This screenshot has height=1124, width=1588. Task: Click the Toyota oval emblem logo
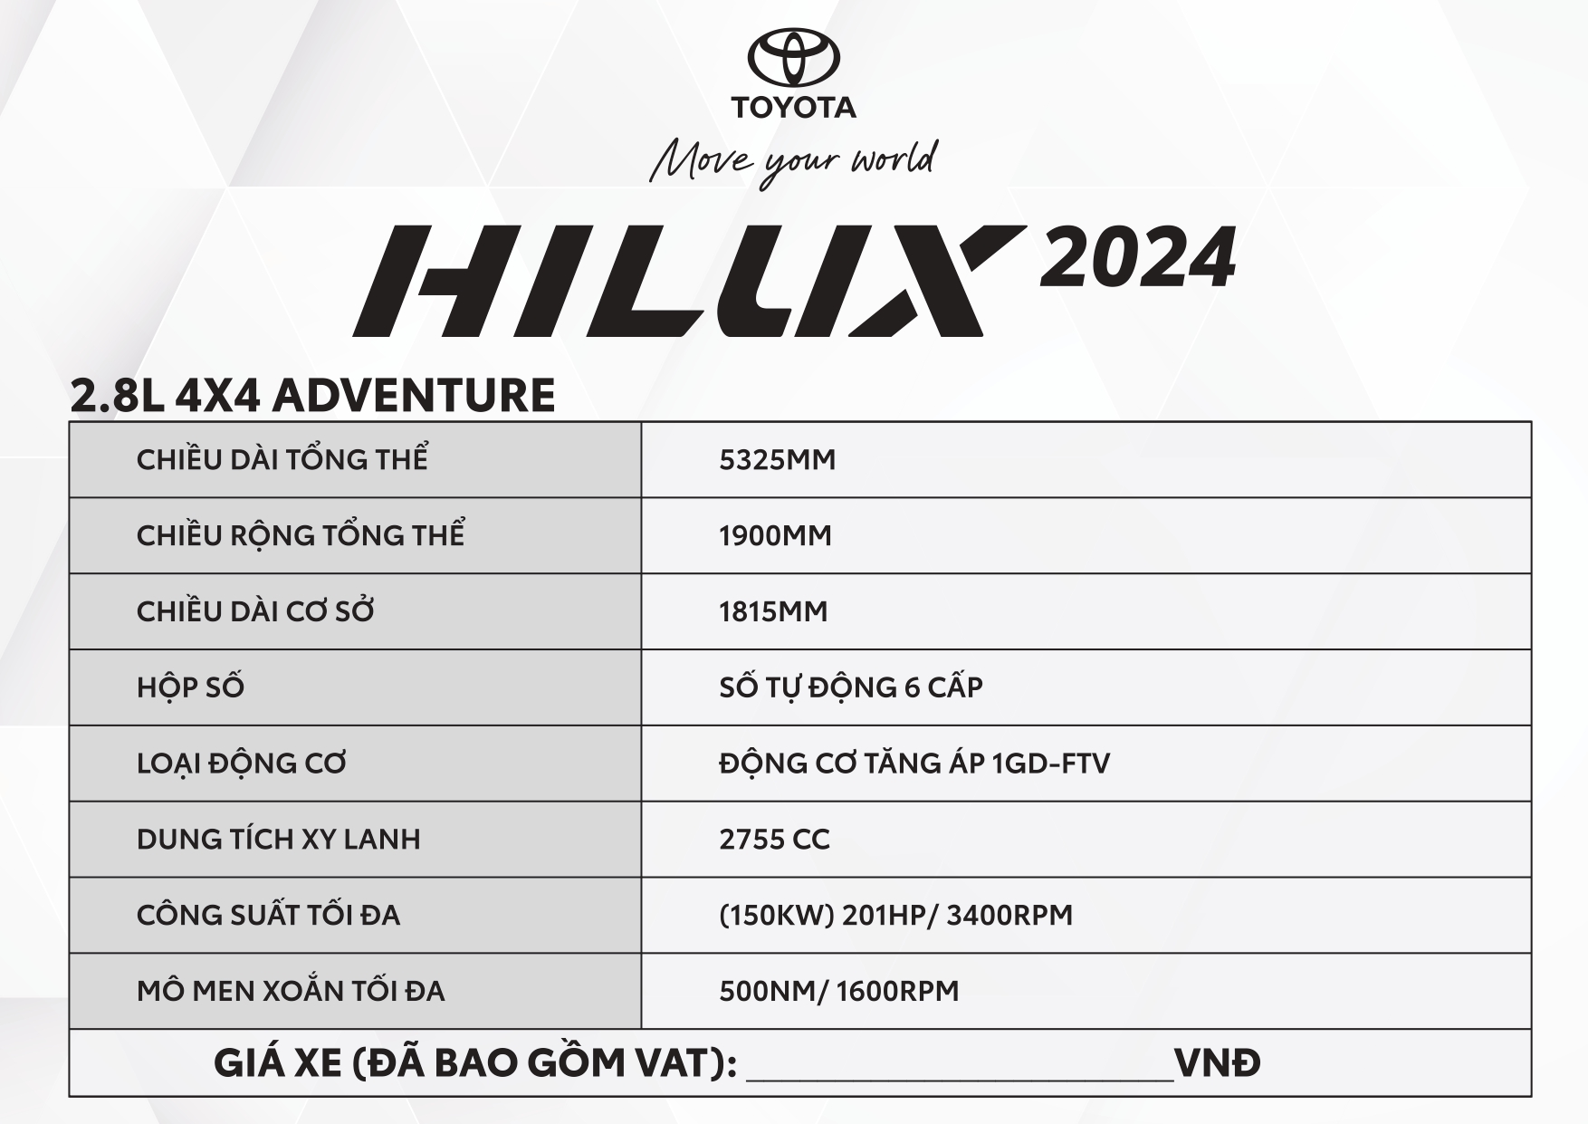tap(793, 58)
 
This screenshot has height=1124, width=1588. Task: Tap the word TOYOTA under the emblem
tap(793, 107)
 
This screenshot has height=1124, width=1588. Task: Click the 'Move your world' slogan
tap(794, 162)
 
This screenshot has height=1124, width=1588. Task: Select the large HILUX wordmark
tap(690, 281)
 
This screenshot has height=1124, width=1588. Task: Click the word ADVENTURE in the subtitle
tap(414, 395)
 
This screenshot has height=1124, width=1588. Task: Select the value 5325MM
tap(778, 460)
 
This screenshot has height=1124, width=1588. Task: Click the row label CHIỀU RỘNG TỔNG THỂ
tap(301, 533)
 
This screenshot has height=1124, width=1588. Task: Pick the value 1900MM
tap(776, 536)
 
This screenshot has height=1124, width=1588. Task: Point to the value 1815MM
tap(774, 612)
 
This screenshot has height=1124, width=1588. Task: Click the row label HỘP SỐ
tap(190, 686)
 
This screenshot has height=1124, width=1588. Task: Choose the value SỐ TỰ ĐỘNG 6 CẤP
tap(851, 686)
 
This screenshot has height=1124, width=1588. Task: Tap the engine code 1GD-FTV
tap(1051, 764)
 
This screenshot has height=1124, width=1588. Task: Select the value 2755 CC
tap(775, 840)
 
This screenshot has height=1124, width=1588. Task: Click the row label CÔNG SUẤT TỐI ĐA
tap(268, 914)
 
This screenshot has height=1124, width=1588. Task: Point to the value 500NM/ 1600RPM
tap(839, 991)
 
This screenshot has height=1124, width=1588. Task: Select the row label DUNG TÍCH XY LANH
tap(279, 838)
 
